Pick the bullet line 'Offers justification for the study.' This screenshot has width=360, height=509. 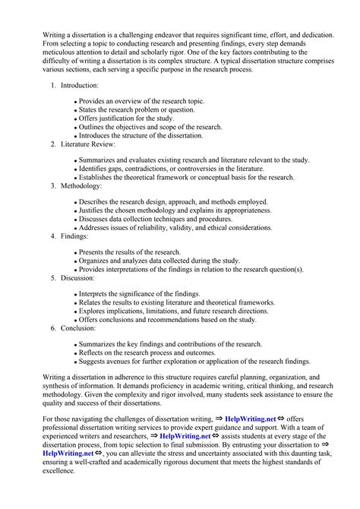pos(127,119)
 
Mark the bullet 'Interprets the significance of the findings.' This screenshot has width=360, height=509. pos(141,293)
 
